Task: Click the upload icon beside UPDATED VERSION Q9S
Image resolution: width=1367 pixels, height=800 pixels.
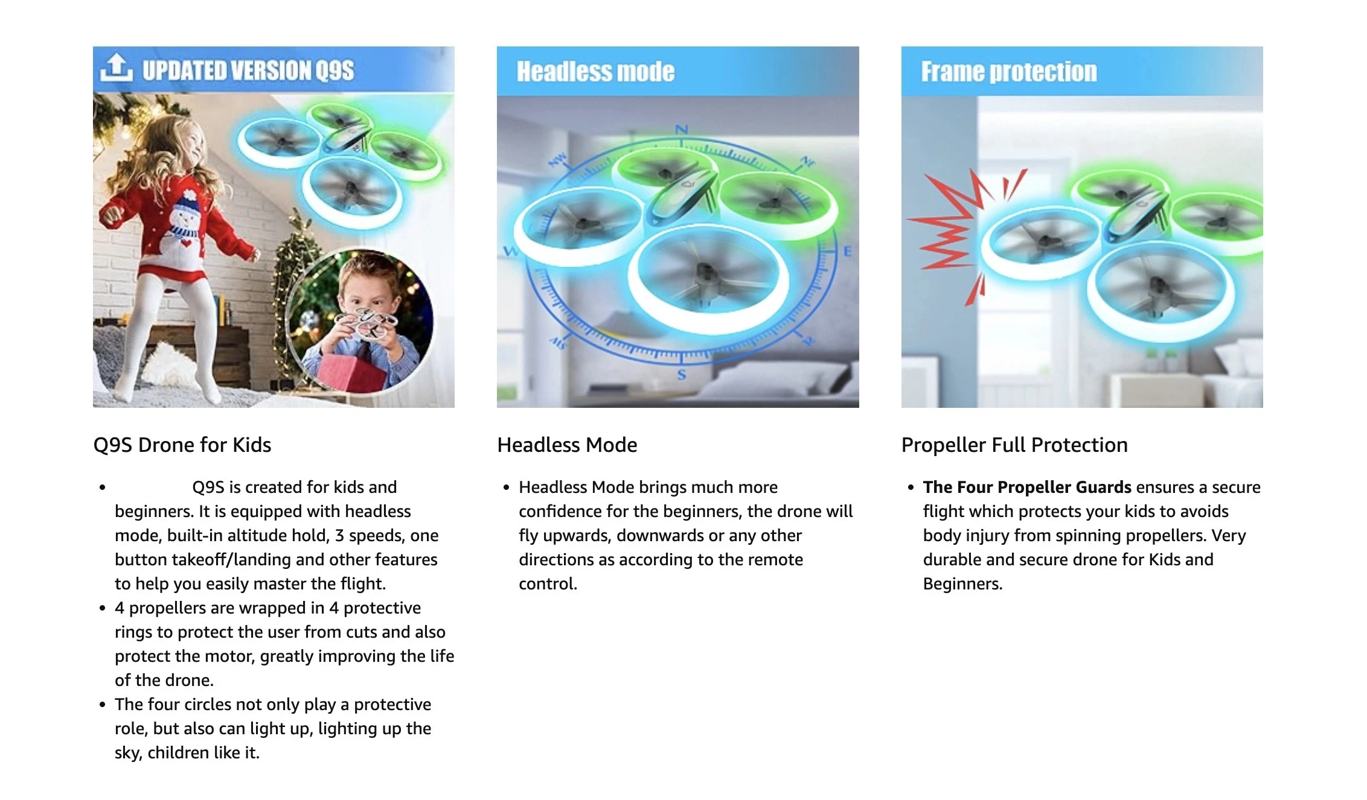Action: [x=116, y=67]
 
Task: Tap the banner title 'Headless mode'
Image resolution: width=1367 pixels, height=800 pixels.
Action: [x=595, y=71]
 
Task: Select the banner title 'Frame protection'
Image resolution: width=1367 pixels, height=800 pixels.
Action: [x=1009, y=71]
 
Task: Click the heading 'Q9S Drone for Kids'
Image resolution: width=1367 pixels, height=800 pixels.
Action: [x=182, y=445]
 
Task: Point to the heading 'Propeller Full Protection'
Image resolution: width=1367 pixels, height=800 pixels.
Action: [x=1014, y=445]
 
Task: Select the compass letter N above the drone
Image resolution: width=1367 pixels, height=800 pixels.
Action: [x=682, y=129]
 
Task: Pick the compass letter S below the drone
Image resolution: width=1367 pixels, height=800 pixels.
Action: [x=682, y=375]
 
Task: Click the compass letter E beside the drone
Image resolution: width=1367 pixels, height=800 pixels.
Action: [x=848, y=251]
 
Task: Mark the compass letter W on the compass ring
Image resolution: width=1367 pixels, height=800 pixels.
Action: [x=510, y=252]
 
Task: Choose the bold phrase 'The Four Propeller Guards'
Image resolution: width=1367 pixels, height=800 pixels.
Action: [x=1027, y=487]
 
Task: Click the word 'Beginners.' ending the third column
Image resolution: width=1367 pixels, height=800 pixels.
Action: [x=962, y=583]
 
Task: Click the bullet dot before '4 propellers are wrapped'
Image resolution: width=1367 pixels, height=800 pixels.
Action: [x=103, y=608]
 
